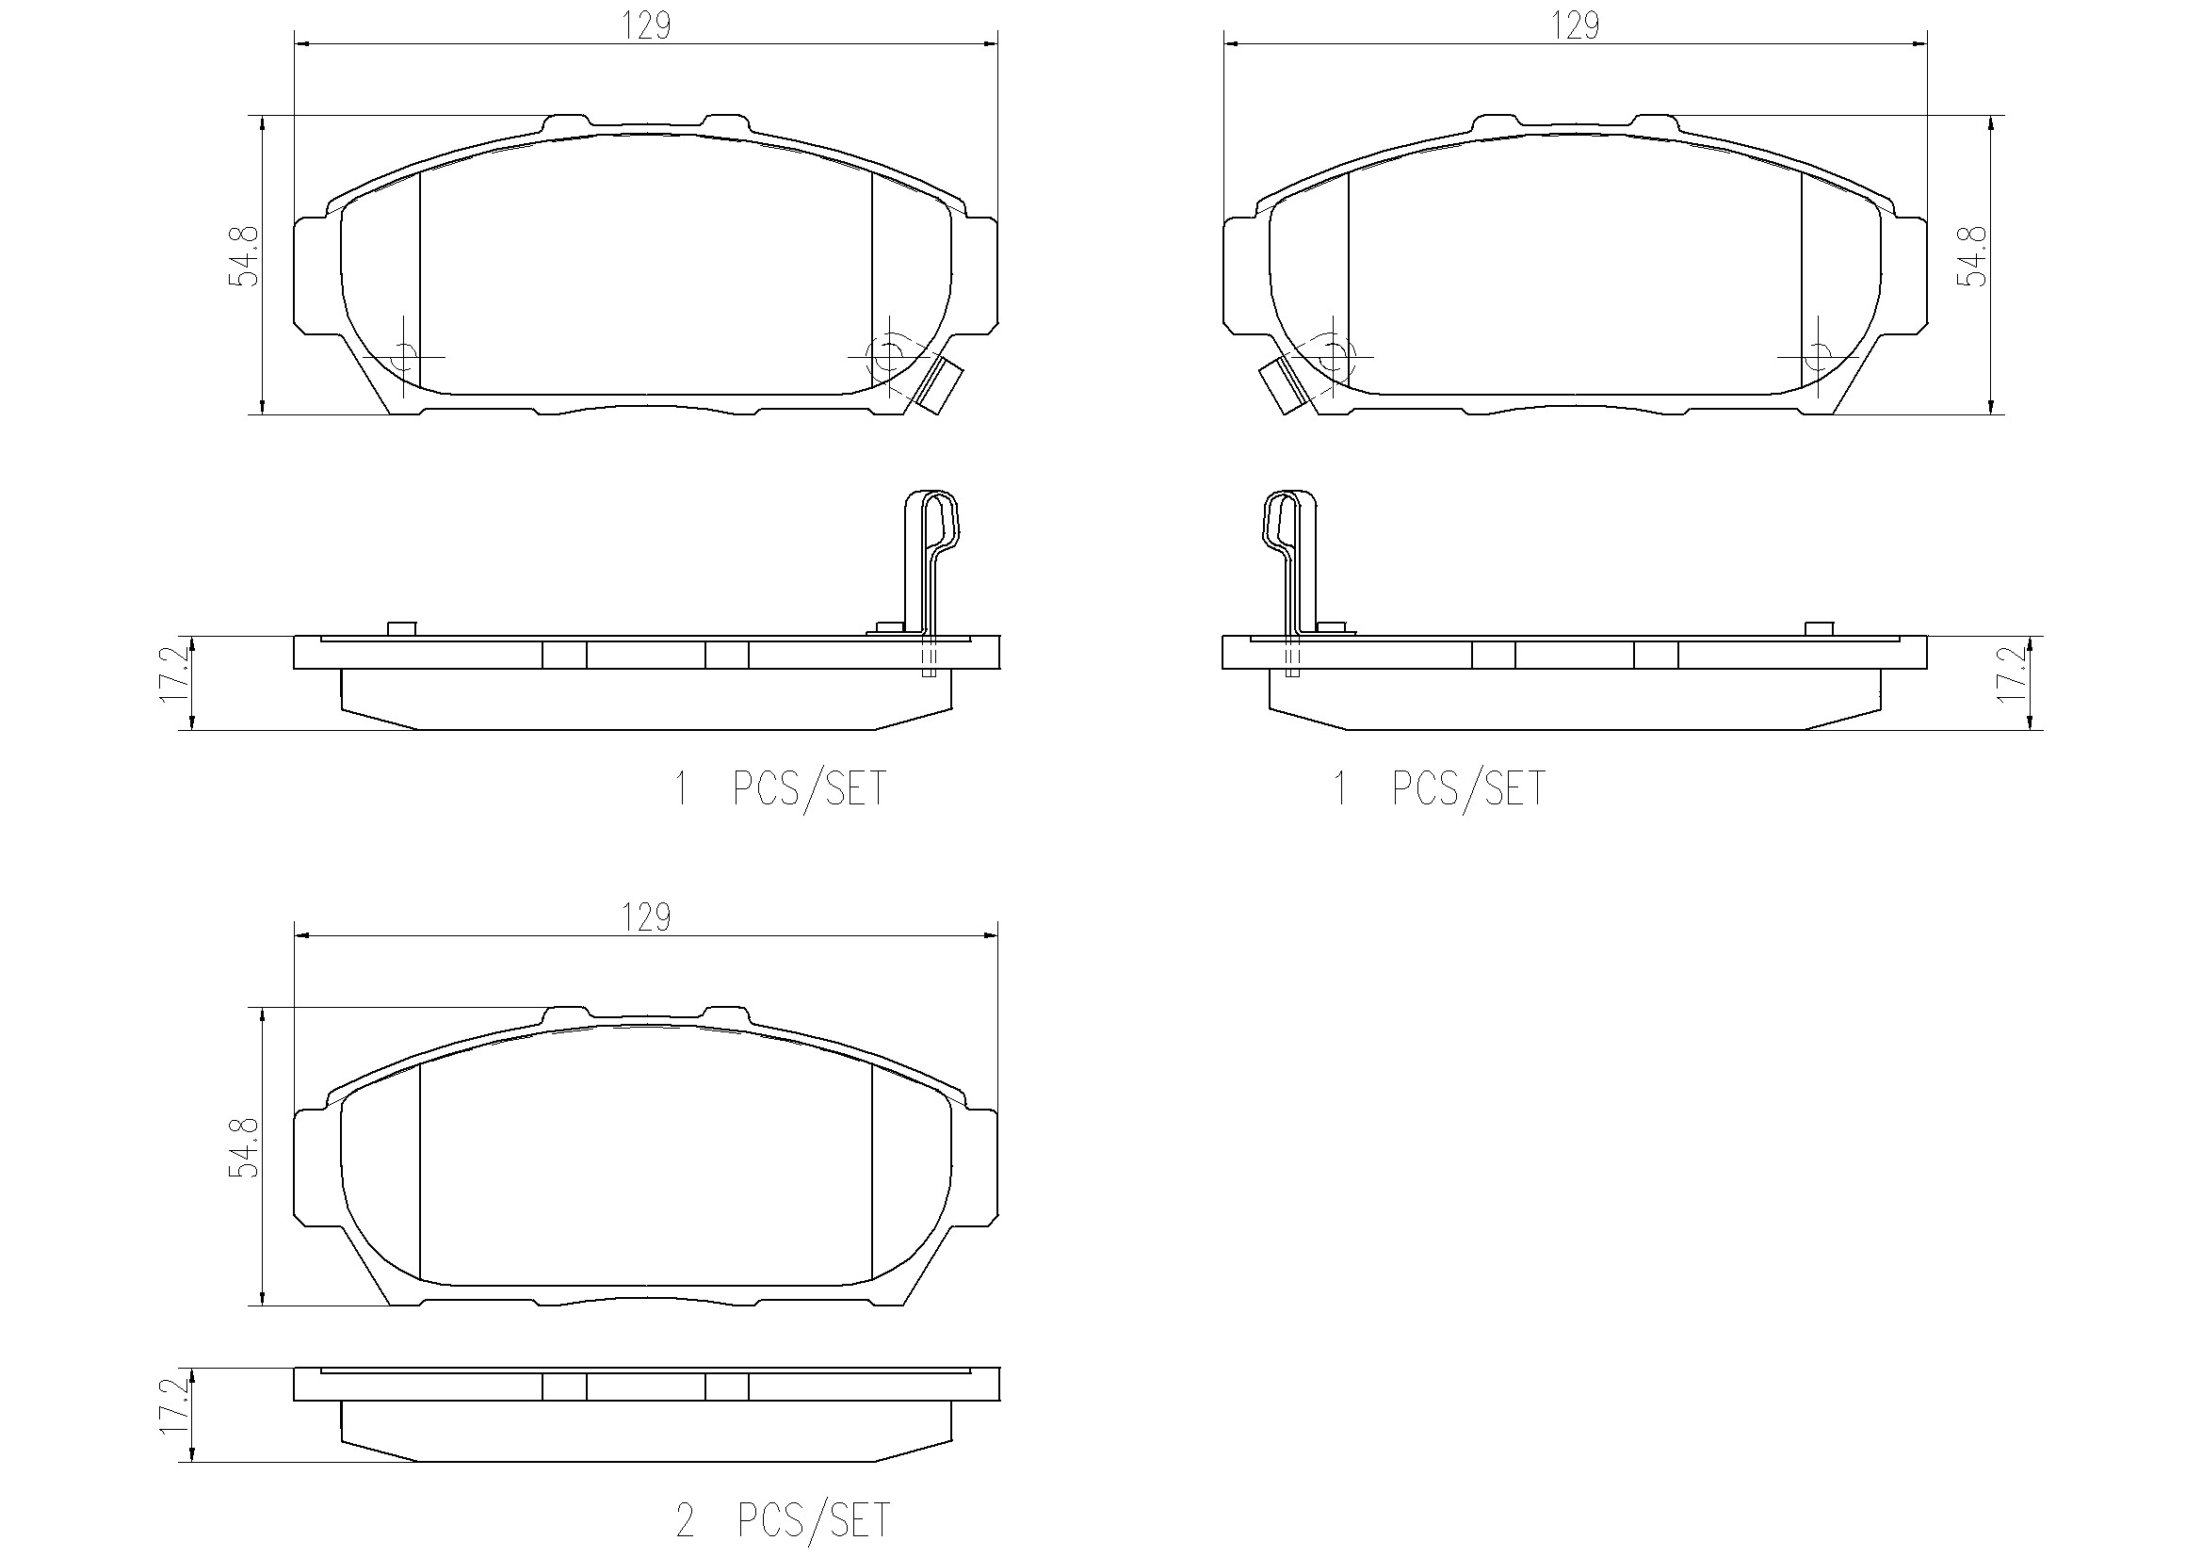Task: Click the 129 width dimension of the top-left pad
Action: [645, 25]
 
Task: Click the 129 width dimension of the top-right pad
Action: [1575, 25]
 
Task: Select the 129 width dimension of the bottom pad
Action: [645, 918]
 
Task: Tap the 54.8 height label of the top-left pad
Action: [244, 256]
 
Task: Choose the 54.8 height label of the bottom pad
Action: [244, 1147]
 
